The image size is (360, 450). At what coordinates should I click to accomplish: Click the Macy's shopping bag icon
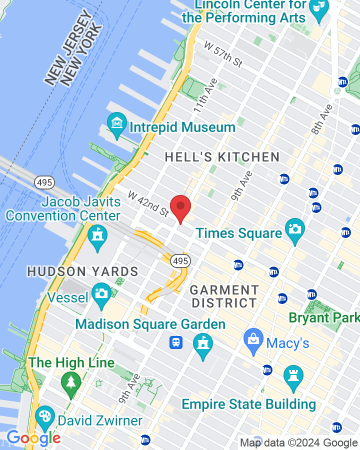click(253, 341)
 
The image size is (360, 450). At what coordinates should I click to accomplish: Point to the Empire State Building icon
click(293, 378)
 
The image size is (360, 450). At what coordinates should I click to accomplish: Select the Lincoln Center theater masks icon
click(318, 8)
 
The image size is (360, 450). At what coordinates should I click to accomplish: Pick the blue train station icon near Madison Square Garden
click(176, 342)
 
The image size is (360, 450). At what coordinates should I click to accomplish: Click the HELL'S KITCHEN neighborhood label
click(222, 157)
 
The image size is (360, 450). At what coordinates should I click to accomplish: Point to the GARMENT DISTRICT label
click(224, 296)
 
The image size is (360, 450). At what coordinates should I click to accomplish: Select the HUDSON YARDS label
click(82, 271)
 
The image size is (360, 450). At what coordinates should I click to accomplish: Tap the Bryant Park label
click(323, 317)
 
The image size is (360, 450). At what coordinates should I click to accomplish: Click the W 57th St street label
click(223, 53)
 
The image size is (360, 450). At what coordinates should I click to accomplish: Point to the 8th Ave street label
click(322, 119)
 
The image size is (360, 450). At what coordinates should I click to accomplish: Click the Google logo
click(33, 438)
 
